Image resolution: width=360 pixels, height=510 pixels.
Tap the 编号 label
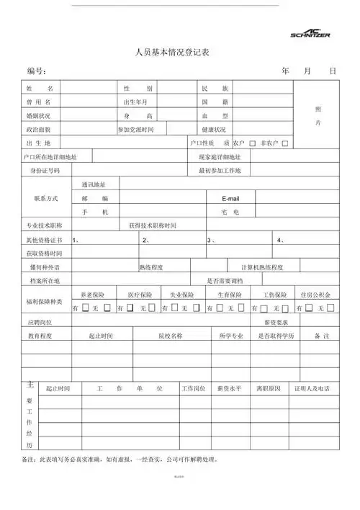pos(37,71)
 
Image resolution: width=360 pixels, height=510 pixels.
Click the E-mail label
pos(230,198)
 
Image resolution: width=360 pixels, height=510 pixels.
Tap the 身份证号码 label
pos(45,171)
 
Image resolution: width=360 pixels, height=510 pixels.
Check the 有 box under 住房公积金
pos(305,308)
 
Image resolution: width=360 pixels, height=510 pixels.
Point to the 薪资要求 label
pos(276,322)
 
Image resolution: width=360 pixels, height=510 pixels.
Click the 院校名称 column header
pos(171,336)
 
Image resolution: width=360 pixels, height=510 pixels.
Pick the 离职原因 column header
pos(268,388)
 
